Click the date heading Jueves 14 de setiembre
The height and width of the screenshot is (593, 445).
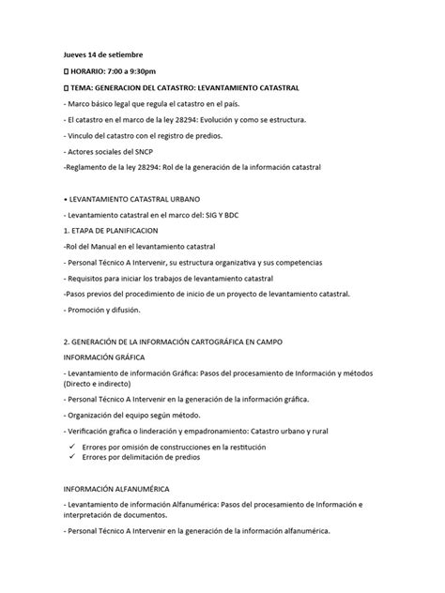tap(104, 55)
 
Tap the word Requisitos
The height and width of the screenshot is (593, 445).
tap(96, 279)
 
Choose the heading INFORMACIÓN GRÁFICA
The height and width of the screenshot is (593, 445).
tap(110, 357)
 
